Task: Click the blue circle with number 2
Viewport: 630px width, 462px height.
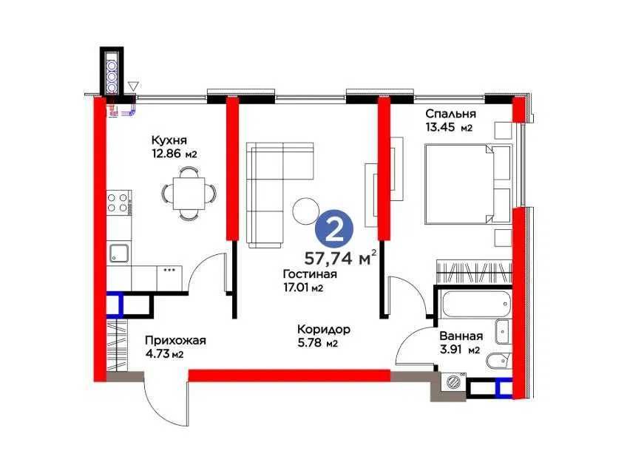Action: (333, 231)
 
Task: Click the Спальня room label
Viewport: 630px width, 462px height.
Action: (450, 114)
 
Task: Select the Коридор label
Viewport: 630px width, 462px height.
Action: (323, 330)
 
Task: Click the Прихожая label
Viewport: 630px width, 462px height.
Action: (175, 341)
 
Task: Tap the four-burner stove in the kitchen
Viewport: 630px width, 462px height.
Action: (118, 203)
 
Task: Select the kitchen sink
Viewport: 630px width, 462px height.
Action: (120, 254)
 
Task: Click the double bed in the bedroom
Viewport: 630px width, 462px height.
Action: (467, 183)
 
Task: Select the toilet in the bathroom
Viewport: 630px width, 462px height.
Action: (496, 362)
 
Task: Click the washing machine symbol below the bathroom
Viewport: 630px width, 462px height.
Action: (451, 383)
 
